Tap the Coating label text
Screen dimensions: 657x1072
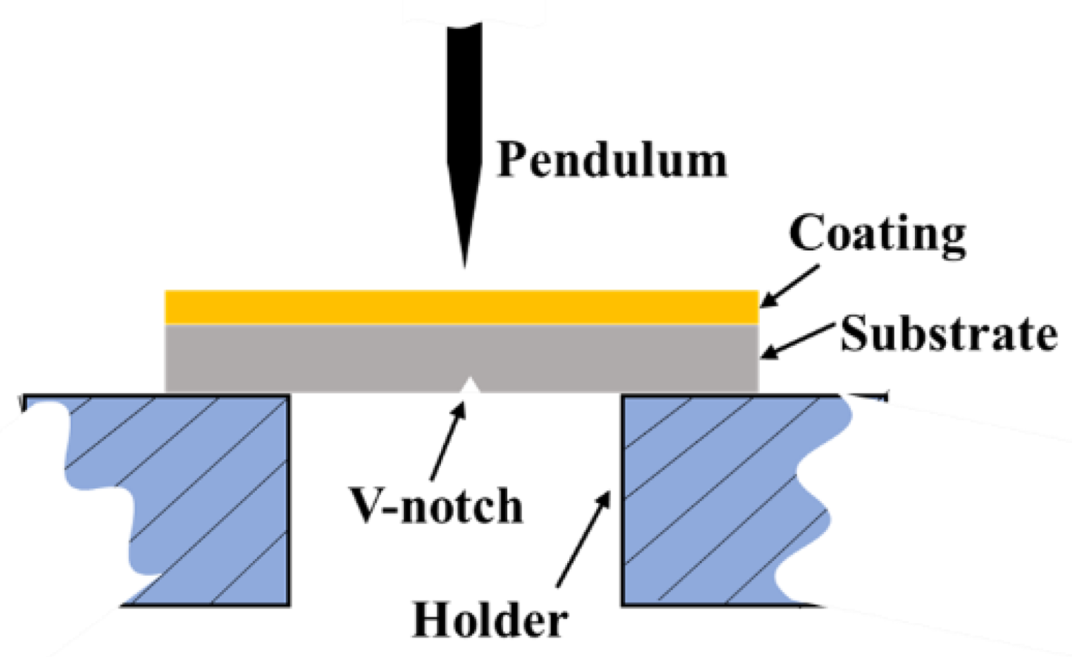tap(877, 234)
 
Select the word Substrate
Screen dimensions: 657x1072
tap(948, 334)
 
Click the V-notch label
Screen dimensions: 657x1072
tap(436, 506)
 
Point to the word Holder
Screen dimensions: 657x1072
tap(490, 620)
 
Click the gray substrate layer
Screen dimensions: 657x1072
tap(322, 358)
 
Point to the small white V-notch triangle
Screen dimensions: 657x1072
tap(471, 387)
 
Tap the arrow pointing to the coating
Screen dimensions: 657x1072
tap(791, 285)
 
